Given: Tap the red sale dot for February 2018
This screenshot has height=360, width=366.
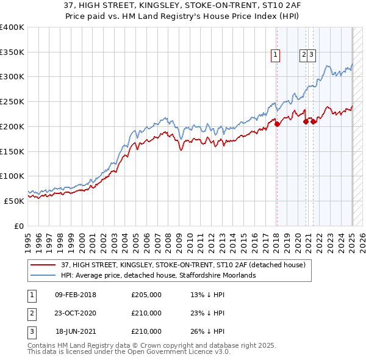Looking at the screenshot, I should click(277, 124).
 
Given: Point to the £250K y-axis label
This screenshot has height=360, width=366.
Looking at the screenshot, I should click(12, 102).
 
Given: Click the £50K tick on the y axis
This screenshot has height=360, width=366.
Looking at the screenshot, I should click(15, 201).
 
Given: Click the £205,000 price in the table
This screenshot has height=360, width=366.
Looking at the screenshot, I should click(146, 295).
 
